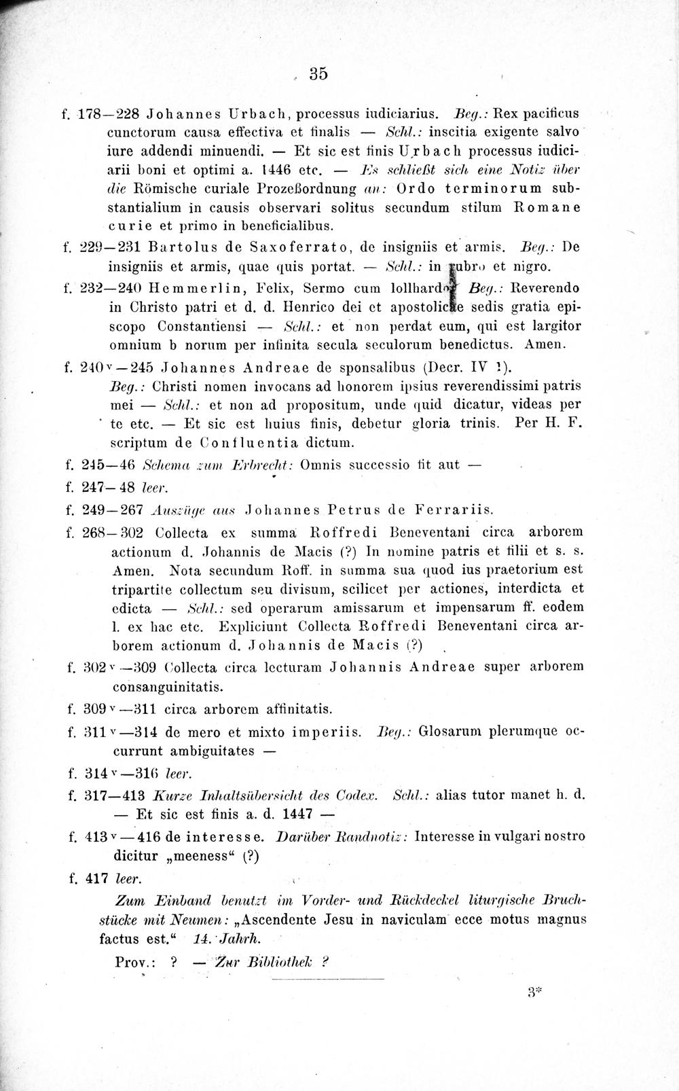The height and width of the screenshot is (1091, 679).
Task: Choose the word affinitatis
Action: pos(295,710)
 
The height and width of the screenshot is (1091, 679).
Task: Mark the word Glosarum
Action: pos(449,732)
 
